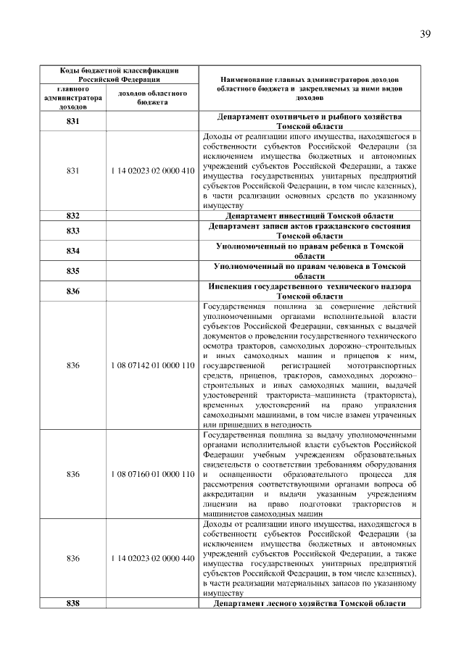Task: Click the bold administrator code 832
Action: click(x=72, y=216)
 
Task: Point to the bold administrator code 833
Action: click(x=72, y=231)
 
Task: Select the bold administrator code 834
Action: click(x=72, y=251)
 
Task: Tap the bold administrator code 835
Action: click(x=72, y=271)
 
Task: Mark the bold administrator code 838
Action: click(x=72, y=604)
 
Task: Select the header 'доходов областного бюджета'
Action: click(x=152, y=98)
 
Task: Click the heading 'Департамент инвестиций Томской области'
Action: click(x=310, y=216)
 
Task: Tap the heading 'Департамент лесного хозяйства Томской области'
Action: click(x=310, y=604)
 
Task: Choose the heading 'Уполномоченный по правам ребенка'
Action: click(x=310, y=251)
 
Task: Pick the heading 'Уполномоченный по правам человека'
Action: click(x=310, y=271)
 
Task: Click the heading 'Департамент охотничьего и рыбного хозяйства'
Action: click(x=310, y=121)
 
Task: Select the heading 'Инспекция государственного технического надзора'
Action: click(x=310, y=291)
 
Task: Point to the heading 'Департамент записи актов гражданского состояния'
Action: click(x=310, y=231)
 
